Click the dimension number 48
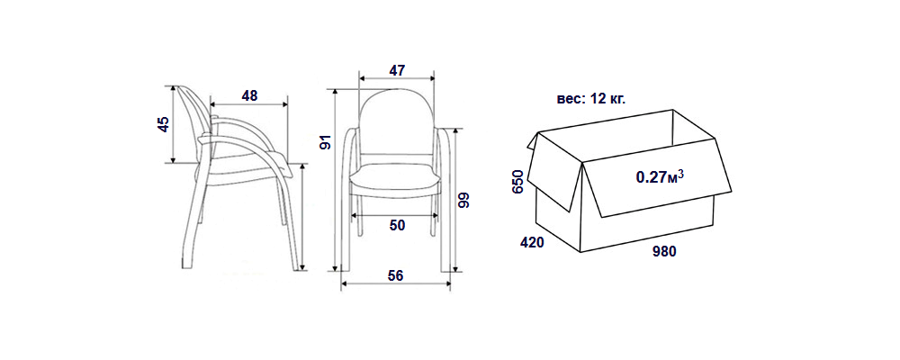pos(249,95)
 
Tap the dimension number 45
pos(164,124)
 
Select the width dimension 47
pos(397,70)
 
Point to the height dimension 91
pos(326,142)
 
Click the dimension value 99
pos(463,200)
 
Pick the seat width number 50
pos(397,226)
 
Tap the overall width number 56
pos(395,275)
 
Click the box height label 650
pos(517,182)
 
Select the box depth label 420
pos(532,243)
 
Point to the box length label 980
pos(664,251)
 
